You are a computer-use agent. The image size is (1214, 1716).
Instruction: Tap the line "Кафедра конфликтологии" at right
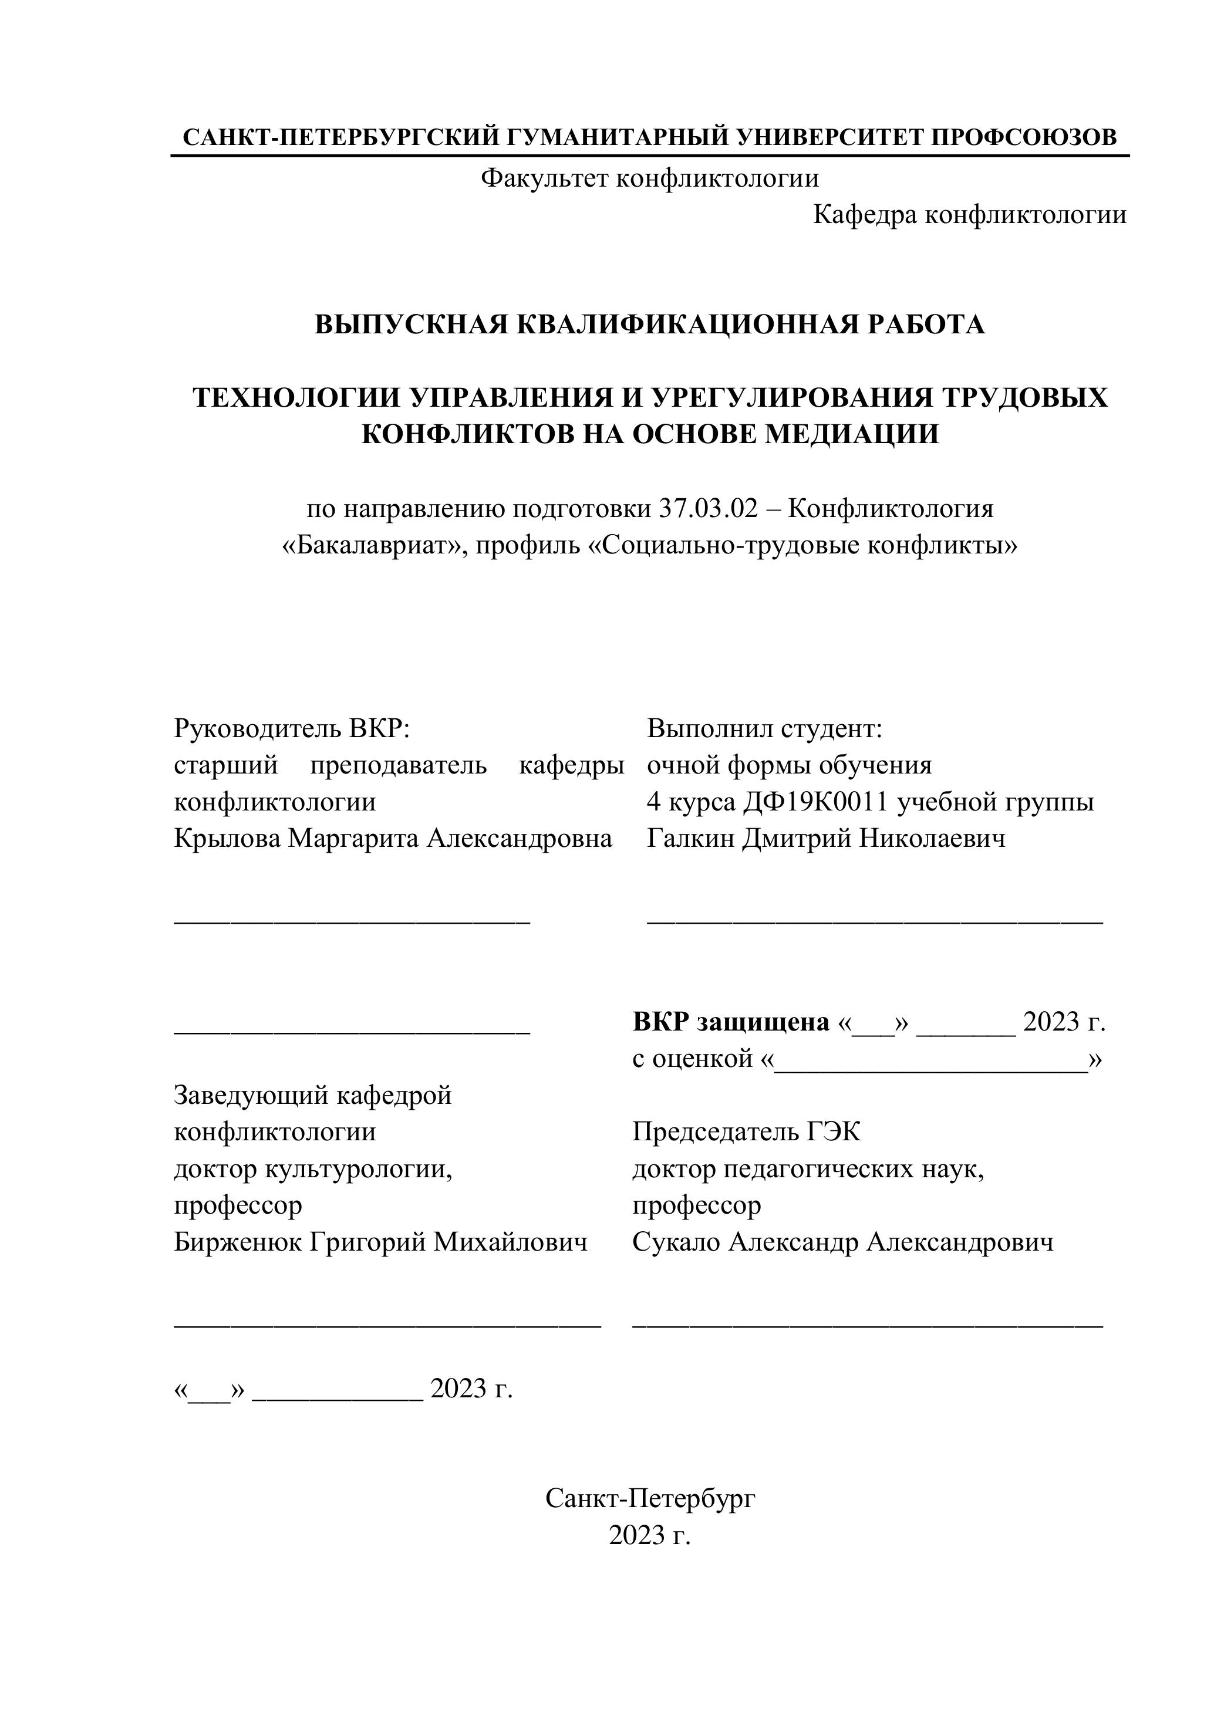(x=970, y=215)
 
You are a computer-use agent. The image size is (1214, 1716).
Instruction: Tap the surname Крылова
(x=227, y=839)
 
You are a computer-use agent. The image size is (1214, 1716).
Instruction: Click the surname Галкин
(x=691, y=839)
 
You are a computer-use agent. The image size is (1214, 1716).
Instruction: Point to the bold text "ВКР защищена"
(x=730, y=1022)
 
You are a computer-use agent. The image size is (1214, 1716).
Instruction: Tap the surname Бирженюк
(x=238, y=1242)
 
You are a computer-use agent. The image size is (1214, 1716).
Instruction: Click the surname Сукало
(x=676, y=1242)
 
